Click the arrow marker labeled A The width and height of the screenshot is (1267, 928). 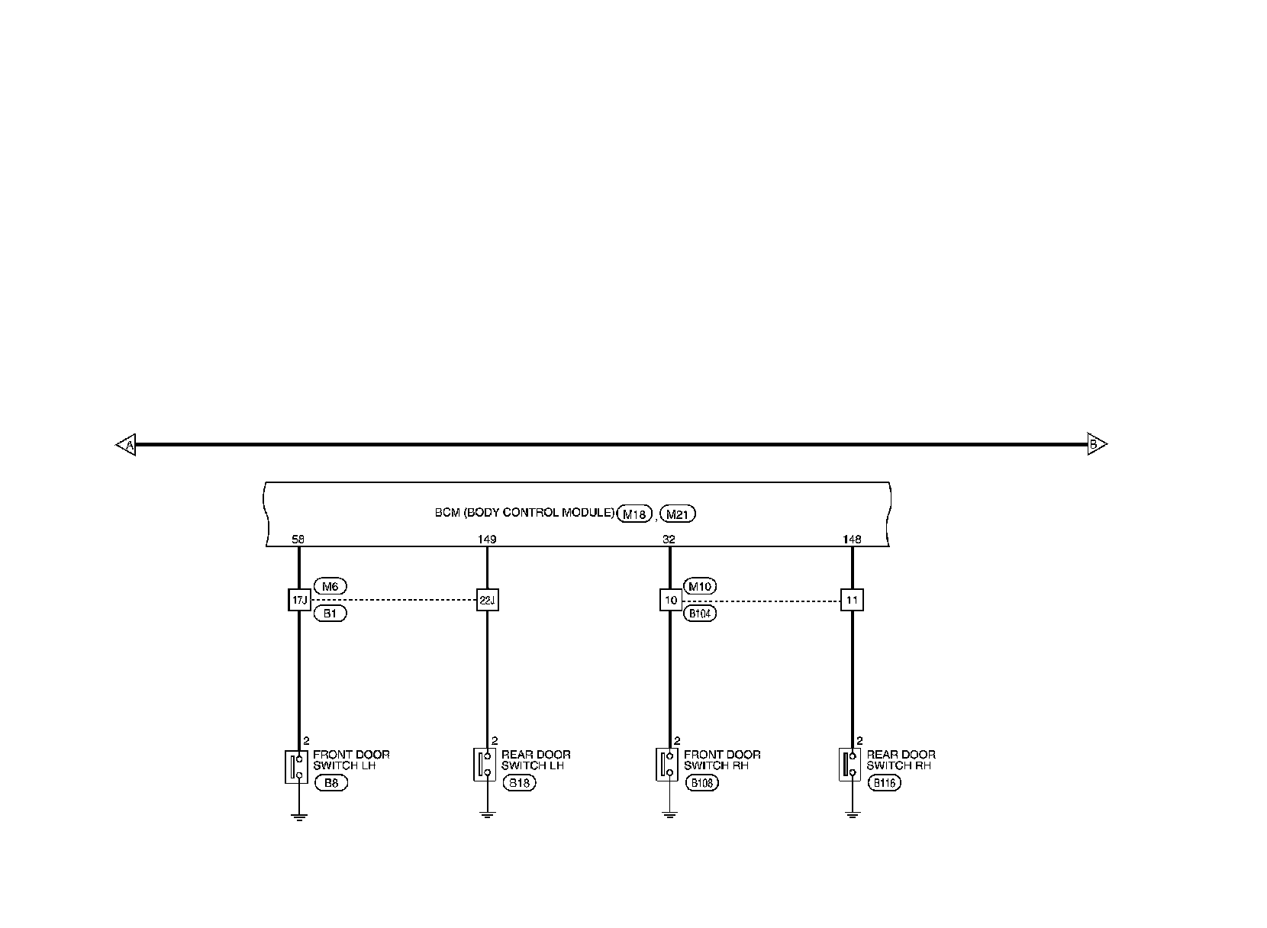click(126, 444)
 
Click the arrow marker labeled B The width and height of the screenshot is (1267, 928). click(1096, 444)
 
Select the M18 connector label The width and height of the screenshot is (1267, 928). click(634, 514)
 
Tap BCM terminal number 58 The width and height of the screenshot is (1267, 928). click(298, 540)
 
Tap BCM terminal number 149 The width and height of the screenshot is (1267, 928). click(487, 540)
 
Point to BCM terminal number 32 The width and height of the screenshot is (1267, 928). click(669, 540)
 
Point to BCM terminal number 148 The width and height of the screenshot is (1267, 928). click(852, 540)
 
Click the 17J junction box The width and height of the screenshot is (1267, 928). click(299, 600)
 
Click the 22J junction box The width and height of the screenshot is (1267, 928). click(487, 600)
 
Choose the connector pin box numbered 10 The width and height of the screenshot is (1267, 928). click(670, 600)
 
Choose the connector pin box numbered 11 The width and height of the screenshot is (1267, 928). click(852, 600)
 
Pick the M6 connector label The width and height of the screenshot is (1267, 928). click(330, 586)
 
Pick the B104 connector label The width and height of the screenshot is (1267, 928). click(700, 614)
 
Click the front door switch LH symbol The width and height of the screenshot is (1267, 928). click(297, 766)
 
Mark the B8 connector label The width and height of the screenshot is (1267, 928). click(330, 783)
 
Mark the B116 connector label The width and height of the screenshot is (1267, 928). click(884, 783)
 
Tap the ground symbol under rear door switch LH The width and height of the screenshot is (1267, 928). click(487, 815)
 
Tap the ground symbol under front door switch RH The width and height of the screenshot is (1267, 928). click(669, 815)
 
